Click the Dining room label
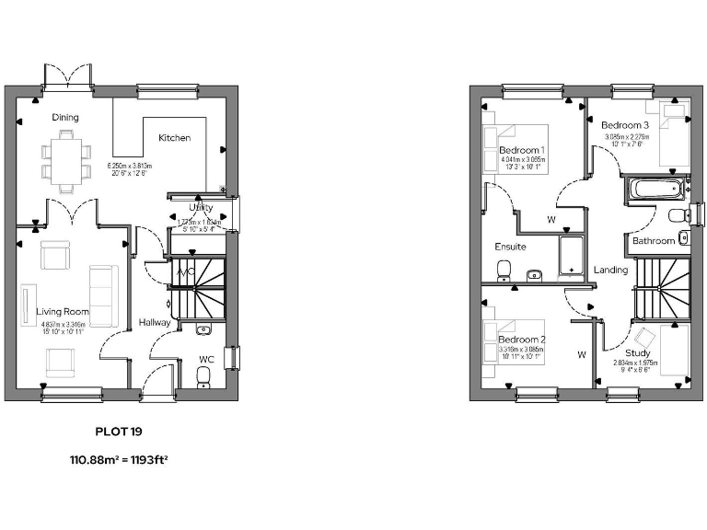(65, 118)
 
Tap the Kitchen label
(175, 138)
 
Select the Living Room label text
(62, 312)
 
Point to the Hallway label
(155, 323)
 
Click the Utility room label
(201, 208)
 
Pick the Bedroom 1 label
(522, 150)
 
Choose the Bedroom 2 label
(522, 340)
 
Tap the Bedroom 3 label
(625, 125)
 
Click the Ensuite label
(510, 248)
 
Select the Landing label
(610, 271)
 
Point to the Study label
(637, 353)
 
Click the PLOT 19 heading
(119, 430)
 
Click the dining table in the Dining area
(65, 161)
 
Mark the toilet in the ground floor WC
(203, 374)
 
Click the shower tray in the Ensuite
(572, 255)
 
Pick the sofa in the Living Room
(100, 294)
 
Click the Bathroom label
(653, 241)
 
